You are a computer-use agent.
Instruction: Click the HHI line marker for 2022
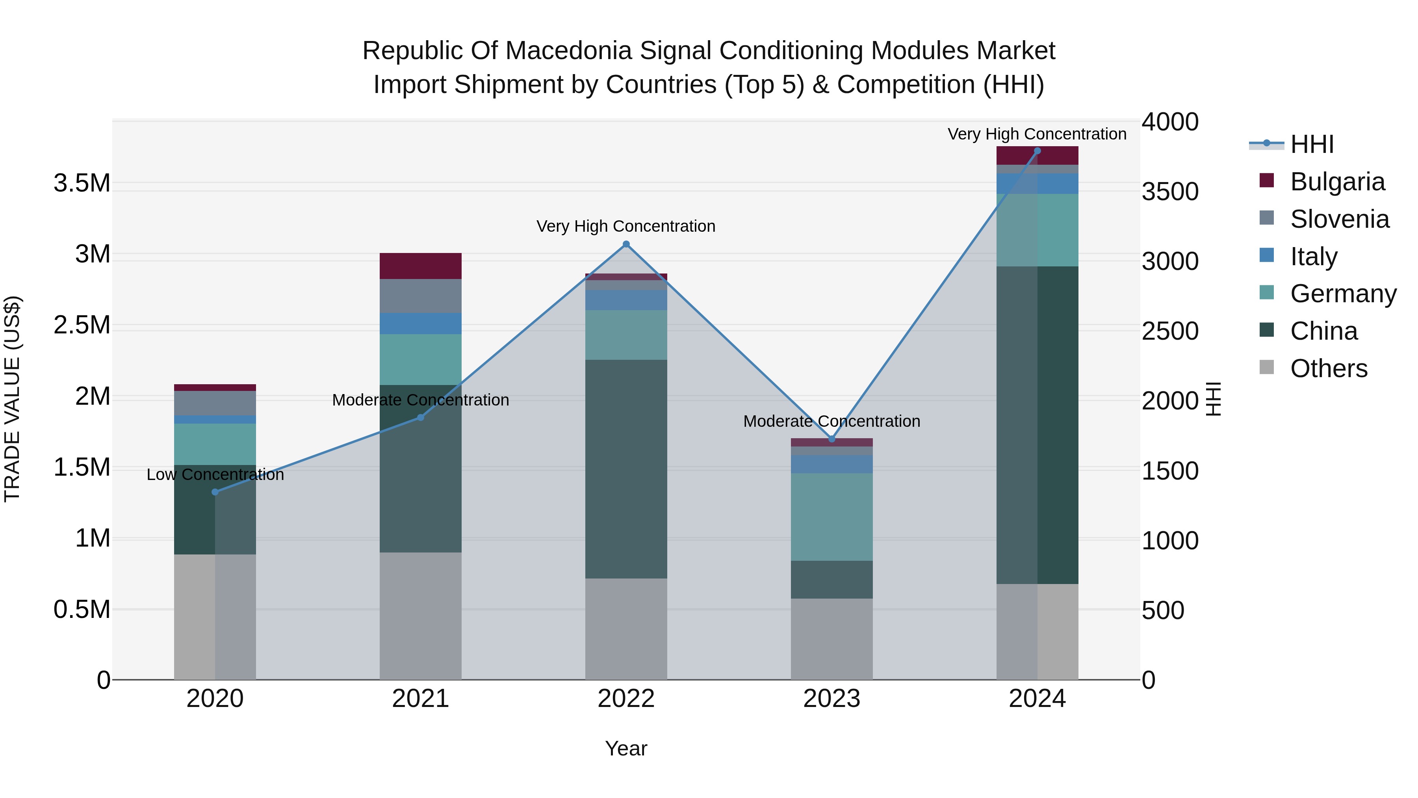[x=626, y=244]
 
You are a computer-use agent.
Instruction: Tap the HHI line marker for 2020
[x=215, y=492]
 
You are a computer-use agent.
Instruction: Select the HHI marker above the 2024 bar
[x=1037, y=151]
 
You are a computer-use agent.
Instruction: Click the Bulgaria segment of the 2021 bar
[x=421, y=266]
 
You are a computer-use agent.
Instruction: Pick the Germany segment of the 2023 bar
[x=832, y=517]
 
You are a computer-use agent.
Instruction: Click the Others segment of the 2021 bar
[x=421, y=616]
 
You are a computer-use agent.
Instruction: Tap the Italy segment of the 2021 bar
[x=421, y=323]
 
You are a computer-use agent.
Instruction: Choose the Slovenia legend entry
[x=1339, y=219]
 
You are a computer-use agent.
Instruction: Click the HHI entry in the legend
[x=1312, y=144]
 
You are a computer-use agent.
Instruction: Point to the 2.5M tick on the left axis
[x=82, y=325]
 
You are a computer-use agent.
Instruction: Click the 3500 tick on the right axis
[x=1170, y=192]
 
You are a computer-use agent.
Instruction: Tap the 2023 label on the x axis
[x=832, y=698]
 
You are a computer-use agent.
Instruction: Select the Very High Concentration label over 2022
[x=626, y=226]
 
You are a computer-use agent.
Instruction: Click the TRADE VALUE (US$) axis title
[x=12, y=399]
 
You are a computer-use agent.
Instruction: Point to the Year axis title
[x=626, y=748]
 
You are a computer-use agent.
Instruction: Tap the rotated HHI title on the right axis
[x=1213, y=399]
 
